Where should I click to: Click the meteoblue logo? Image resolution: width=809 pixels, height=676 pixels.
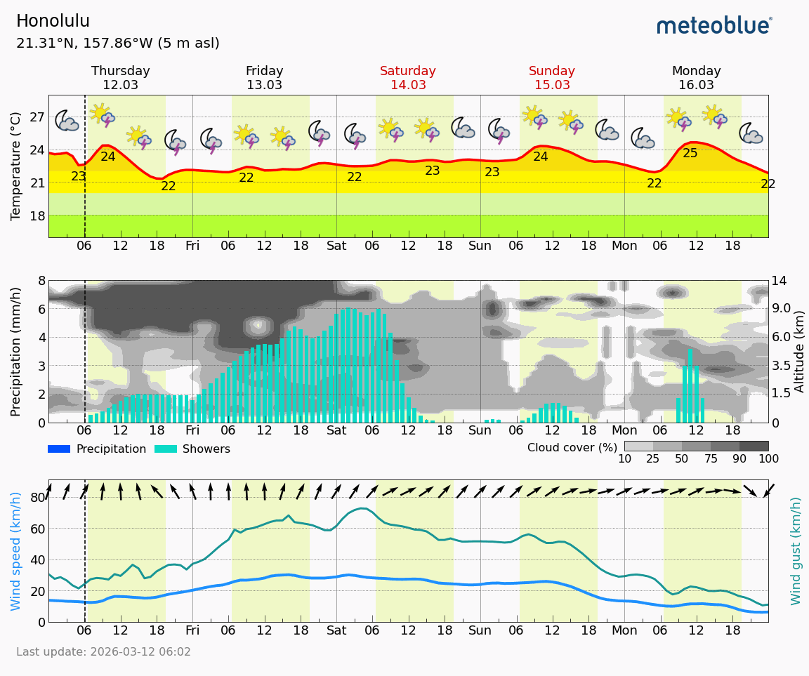pyautogui.click(x=714, y=26)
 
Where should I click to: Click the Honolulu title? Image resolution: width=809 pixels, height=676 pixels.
pyautogui.click(x=53, y=21)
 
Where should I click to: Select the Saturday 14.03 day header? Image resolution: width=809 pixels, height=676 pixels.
pyautogui.click(x=408, y=78)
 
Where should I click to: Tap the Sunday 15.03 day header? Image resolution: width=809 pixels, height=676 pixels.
pyautogui.click(x=552, y=78)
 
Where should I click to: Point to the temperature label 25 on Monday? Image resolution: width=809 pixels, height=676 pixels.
pyautogui.click(x=690, y=153)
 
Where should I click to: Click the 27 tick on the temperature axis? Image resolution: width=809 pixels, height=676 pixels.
pyautogui.click(x=37, y=117)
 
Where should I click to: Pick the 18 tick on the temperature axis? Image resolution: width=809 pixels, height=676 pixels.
pyautogui.click(x=37, y=216)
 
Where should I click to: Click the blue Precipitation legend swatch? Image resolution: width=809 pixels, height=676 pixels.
pyautogui.click(x=59, y=449)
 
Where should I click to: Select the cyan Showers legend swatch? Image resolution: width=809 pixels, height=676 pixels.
pyautogui.click(x=166, y=449)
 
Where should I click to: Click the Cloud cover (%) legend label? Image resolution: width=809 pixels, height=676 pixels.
pyautogui.click(x=571, y=447)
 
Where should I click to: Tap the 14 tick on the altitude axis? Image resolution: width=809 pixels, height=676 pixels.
pyautogui.click(x=780, y=281)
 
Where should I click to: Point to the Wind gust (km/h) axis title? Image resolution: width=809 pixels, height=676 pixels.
pyautogui.click(x=796, y=551)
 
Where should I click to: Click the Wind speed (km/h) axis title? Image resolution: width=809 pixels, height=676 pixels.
pyautogui.click(x=16, y=551)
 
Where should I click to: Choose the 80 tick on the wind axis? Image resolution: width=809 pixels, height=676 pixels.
pyautogui.click(x=38, y=498)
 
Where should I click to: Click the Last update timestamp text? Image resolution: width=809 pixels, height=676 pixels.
pyautogui.click(x=103, y=652)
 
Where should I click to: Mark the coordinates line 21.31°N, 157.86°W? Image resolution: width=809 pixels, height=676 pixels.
pyautogui.click(x=117, y=44)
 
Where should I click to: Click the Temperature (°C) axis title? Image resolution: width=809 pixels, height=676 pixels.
pyautogui.click(x=16, y=166)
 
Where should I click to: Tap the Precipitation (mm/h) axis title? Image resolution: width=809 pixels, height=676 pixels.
pyautogui.click(x=16, y=351)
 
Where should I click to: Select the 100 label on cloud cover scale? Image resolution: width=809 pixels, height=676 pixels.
pyautogui.click(x=768, y=459)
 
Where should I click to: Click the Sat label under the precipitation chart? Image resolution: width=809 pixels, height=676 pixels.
pyautogui.click(x=336, y=430)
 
